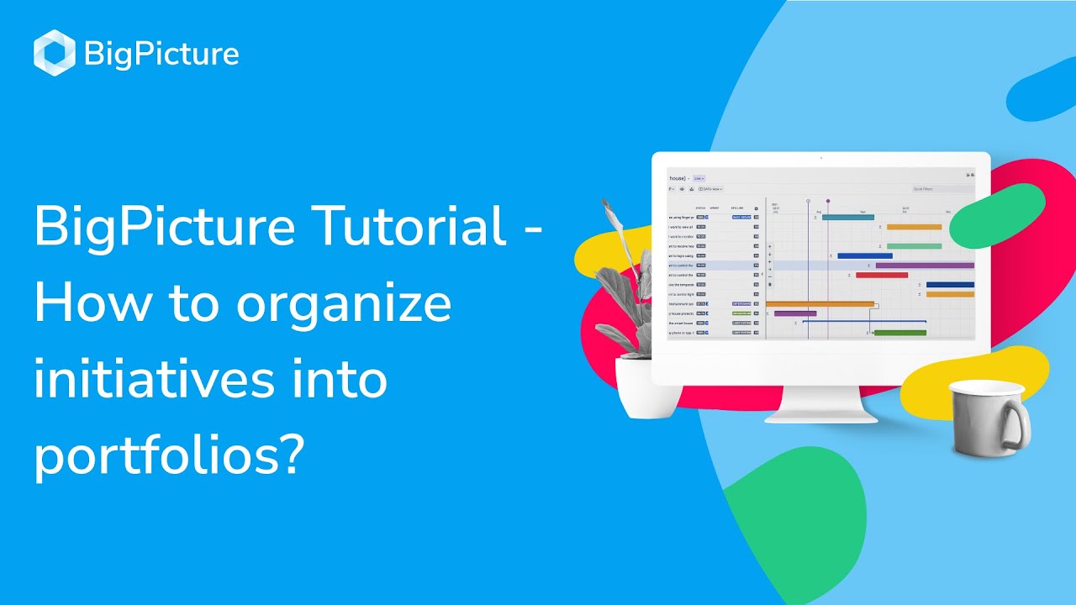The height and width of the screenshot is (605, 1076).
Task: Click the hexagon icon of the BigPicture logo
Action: (55, 53)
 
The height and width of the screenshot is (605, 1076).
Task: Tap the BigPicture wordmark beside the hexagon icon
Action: (161, 55)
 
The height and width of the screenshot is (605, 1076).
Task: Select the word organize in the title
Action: (343, 304)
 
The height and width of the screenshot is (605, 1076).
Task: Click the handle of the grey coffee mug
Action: (1017, 424)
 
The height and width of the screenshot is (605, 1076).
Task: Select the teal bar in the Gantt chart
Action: (847, 217)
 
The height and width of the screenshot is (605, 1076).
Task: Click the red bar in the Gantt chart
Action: (881, 275)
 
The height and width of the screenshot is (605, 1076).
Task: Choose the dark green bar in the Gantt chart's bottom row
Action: (899, 333)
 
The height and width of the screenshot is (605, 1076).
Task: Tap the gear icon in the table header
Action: (756, 208)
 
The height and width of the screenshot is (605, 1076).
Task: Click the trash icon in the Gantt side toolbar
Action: (770, 284)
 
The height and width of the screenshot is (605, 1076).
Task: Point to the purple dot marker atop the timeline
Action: (827, 202)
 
